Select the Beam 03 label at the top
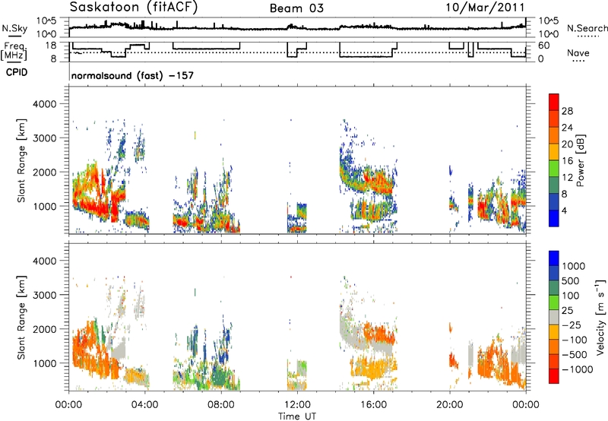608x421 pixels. tap(296, 8)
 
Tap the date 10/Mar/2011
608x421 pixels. tap(485, 8)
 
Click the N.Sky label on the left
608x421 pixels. tap(14, 28)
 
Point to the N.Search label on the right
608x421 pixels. tap(587, 28)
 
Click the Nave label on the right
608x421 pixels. tap(578, 52)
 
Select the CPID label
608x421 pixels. tap(17, 72)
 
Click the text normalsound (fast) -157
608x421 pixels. tap(132, 75)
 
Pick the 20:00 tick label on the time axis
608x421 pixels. tap(449, 405)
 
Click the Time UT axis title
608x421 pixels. tap(297, 416)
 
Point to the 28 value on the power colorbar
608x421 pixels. tap(567, 111)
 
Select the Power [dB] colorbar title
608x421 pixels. tap(580, 160)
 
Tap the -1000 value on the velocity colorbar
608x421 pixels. tap(577, 369)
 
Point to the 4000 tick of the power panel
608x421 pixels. tap(44, 104)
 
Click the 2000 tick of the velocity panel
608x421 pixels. tap(44, 329)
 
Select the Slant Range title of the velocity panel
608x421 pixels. tap(21, 317)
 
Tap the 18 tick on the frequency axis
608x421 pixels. tap(51, 46)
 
